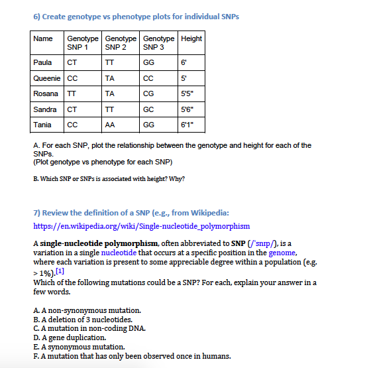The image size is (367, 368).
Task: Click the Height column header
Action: click(191, 38)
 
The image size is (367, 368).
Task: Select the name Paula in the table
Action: click(43, 62)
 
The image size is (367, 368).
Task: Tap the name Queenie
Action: click(46, 78)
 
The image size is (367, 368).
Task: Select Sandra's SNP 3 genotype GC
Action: click(148, 109)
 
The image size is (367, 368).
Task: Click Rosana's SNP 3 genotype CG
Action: click(148, 93)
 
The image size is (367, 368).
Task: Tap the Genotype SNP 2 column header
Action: click(119, 43)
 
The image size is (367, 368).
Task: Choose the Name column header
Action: click(43, 38)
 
